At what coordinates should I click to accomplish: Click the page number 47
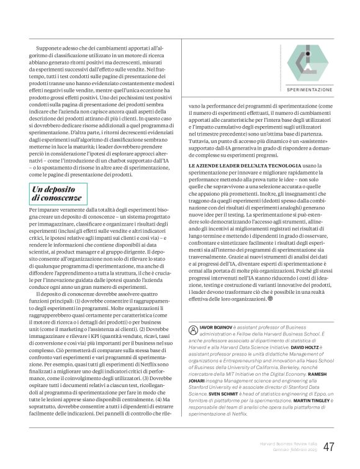[x=329, y=447]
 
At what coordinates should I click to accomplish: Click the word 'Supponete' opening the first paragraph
[x=50, y=47]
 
